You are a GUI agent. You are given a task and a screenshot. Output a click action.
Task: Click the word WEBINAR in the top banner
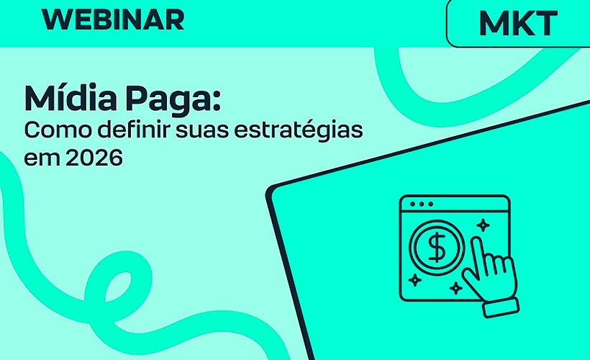[113, 19]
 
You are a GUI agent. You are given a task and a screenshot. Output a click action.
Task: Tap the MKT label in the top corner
[517, 24]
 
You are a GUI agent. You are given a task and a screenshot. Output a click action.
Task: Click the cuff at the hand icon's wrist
[501, 307]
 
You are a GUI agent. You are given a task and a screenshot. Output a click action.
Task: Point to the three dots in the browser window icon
[420, 204]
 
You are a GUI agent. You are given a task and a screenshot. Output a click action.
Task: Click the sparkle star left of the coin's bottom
[414, 279]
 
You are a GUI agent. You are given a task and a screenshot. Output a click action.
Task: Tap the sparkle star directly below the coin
[455, 289]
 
